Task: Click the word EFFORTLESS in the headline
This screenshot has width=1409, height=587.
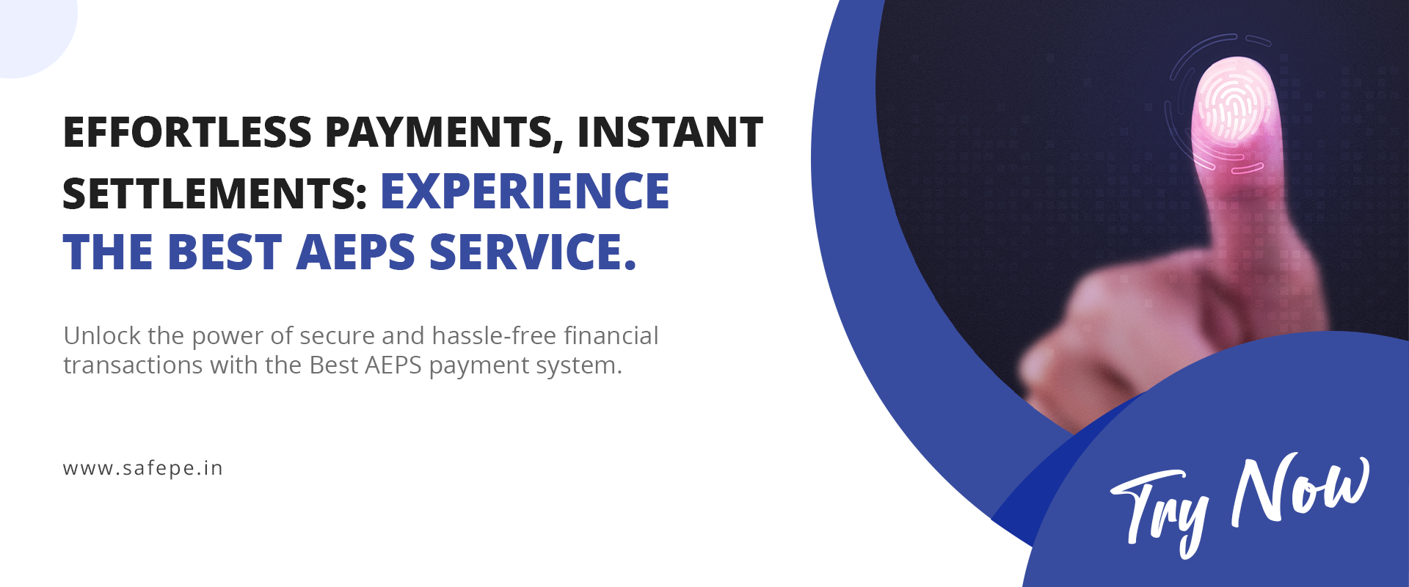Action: point(188,132)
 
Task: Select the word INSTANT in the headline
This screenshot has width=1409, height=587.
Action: point(670,132)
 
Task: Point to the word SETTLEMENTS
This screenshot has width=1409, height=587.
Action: point(215,194)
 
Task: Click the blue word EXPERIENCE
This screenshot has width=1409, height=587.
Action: point(525,192)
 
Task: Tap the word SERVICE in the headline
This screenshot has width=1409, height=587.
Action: point(533,252)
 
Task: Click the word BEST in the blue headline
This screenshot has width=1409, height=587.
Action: point(225,252)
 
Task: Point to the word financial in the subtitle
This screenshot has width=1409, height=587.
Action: point(611,335)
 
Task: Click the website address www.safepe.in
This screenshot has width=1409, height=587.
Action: point(143,468)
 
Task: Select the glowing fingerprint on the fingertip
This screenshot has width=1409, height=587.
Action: point(1234,102)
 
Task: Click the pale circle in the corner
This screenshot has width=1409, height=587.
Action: point(33,33)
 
